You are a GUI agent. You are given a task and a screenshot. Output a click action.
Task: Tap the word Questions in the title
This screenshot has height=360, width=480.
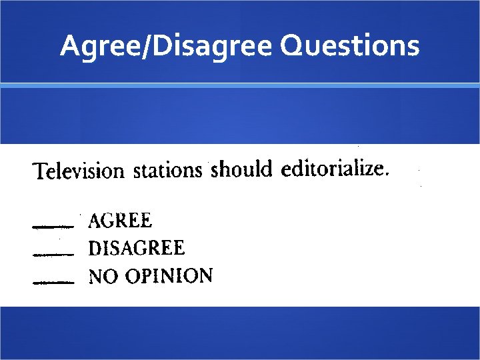pyautogui.click(x=350, y=46)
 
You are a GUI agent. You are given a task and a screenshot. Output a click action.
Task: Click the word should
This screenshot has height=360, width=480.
pyautogui.click(x=241, y=170)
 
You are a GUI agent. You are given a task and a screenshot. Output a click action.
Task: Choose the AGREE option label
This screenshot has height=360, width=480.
pyautogui.click(x=120, y=220)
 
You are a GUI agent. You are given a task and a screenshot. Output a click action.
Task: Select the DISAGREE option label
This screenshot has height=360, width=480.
pyautogui.click(x=137, y=249)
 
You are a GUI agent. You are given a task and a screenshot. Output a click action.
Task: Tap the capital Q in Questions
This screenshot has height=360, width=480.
pyautogui.click(x=292, y=47)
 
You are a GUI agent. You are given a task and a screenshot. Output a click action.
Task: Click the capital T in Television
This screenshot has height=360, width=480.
pyautogui.click(x=39, y=171)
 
